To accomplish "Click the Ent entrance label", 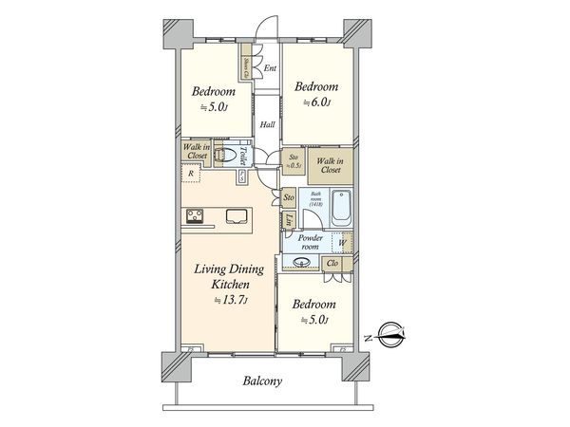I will tap(270, 68).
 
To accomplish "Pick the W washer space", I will tap(343, 244).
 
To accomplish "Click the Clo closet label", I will tap(333, 263).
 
